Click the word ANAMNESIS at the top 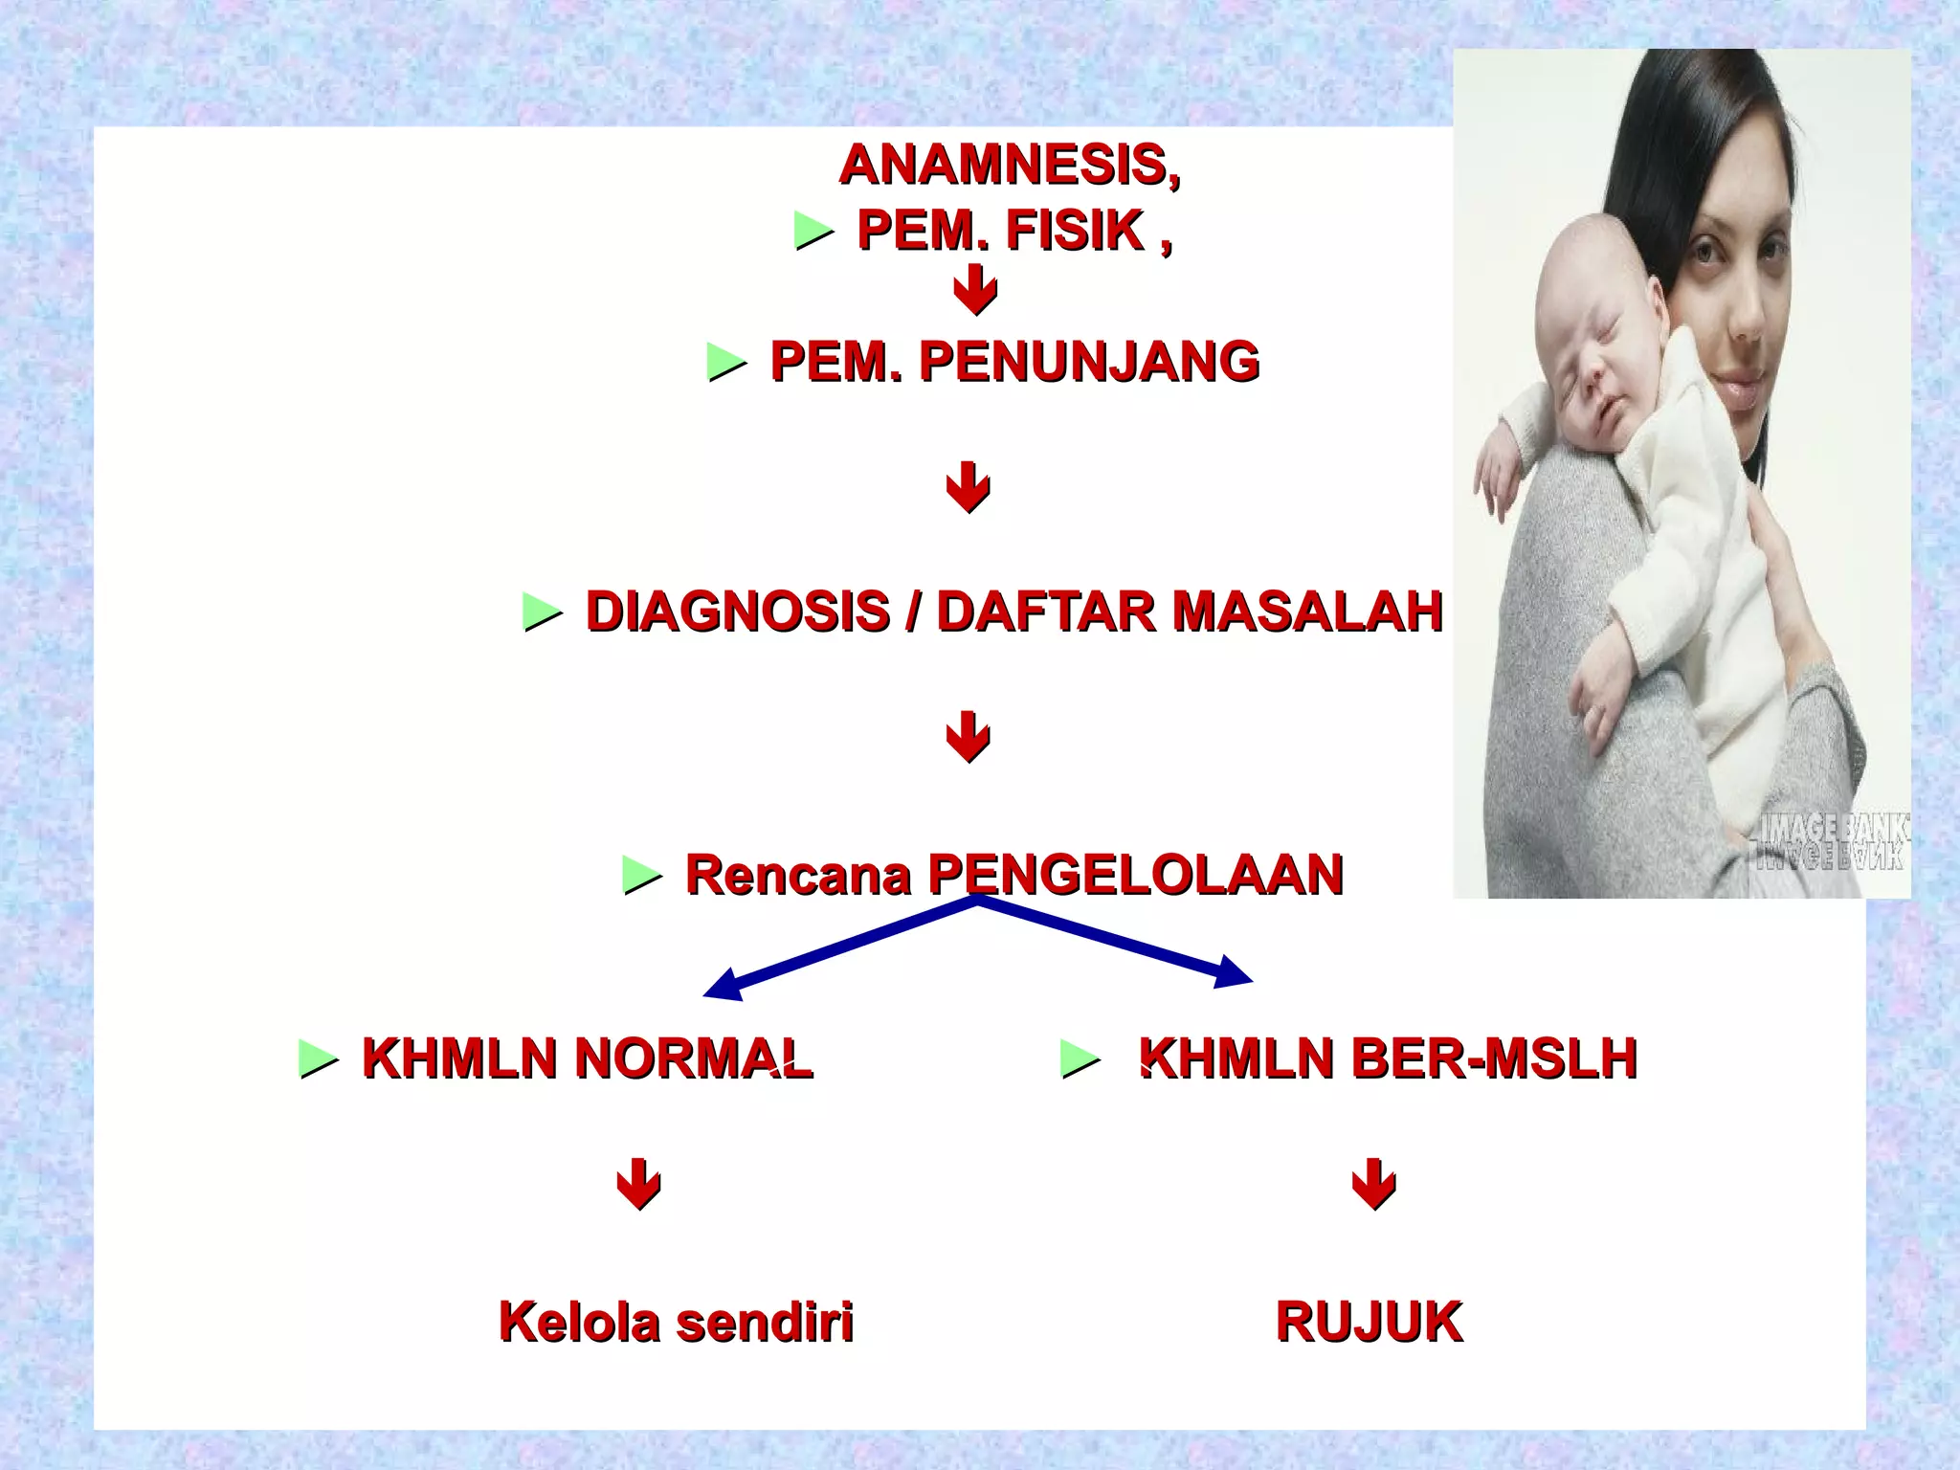tap(1009, 165)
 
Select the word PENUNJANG tap(1088, 362)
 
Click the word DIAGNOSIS tap(737, 612)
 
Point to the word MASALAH tap(1307, 612)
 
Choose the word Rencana tap(797, 875)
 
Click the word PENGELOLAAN tap(1135, 875)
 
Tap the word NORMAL tap(693, 1058)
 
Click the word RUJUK tap(1369, 1323)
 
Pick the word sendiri tap(765, 1323)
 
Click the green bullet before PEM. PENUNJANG tap(725, 363)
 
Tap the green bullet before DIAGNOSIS tap(542, 612)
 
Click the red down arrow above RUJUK tap(1373, 1184)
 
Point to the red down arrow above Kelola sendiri tap(638, 1184)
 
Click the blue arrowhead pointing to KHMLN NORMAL tap(724, 986)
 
